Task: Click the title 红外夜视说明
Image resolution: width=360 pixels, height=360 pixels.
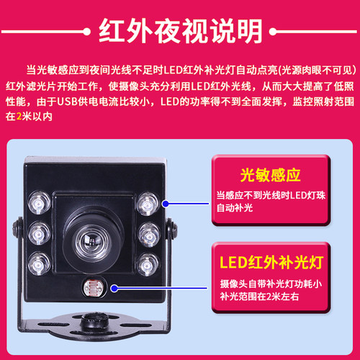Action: pyautogui.click(x=180, y=30)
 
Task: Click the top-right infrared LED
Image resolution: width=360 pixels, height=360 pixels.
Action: pyautogui.click(x=148, y=201)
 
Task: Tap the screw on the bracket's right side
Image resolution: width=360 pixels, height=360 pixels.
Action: pyautogui.click(x=174, y=229)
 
